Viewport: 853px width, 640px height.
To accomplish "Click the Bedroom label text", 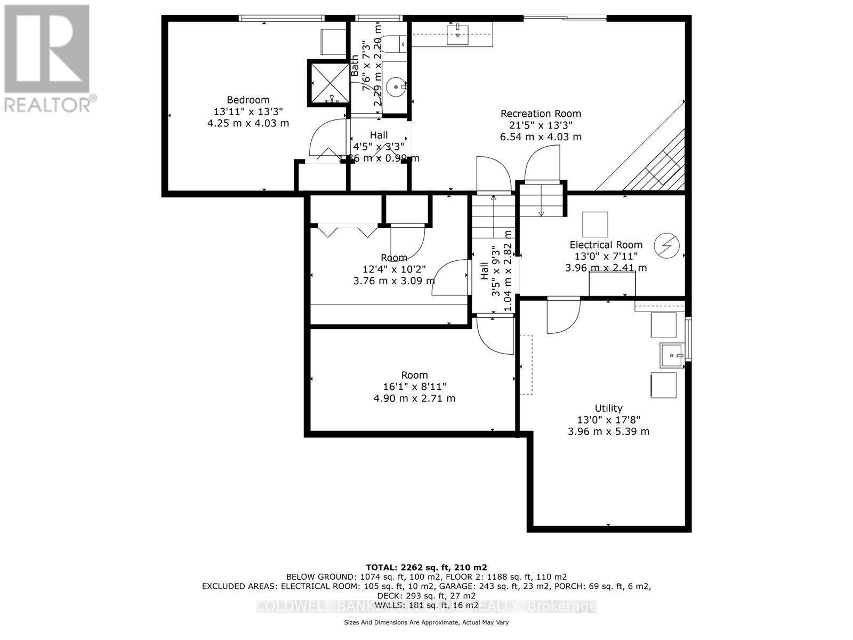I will click(248, 100).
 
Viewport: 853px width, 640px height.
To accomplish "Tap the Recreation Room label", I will click(540, 114).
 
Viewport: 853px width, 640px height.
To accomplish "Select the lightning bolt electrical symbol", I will click(667, 245).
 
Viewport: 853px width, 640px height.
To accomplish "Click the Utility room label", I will click(608, 409).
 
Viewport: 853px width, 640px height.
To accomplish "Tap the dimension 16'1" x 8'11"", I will click(414, 387).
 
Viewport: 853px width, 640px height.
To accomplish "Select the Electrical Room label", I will click(606, 245).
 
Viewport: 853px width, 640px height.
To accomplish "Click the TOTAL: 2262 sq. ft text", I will click(426, 567).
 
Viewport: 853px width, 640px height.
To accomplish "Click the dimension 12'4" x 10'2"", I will click(394, 269).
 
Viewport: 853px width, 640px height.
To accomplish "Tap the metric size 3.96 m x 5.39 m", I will click(608, 431).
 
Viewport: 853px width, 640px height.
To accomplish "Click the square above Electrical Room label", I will click(594, 224).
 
